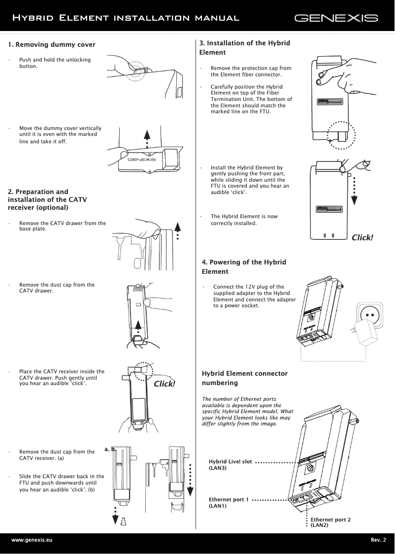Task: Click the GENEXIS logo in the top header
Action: tap(336, 19)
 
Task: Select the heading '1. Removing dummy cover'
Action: tap(52, 45)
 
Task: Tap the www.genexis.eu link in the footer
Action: tap(32, 540)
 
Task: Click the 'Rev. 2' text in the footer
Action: tap(378, 540)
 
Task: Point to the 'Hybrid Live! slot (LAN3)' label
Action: tap(230, 464)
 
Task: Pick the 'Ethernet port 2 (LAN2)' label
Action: tap(330, 522)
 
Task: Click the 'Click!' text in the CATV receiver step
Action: tap(165, 384)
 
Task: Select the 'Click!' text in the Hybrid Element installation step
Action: tap(362, 238)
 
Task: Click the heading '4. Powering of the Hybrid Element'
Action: tap(244, 266)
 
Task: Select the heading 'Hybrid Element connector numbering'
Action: tap(245, 378)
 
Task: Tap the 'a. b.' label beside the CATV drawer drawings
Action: tap(110, 449)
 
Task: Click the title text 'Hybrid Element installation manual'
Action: tap(126, 18)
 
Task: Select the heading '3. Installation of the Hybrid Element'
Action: tap(244, 47)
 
